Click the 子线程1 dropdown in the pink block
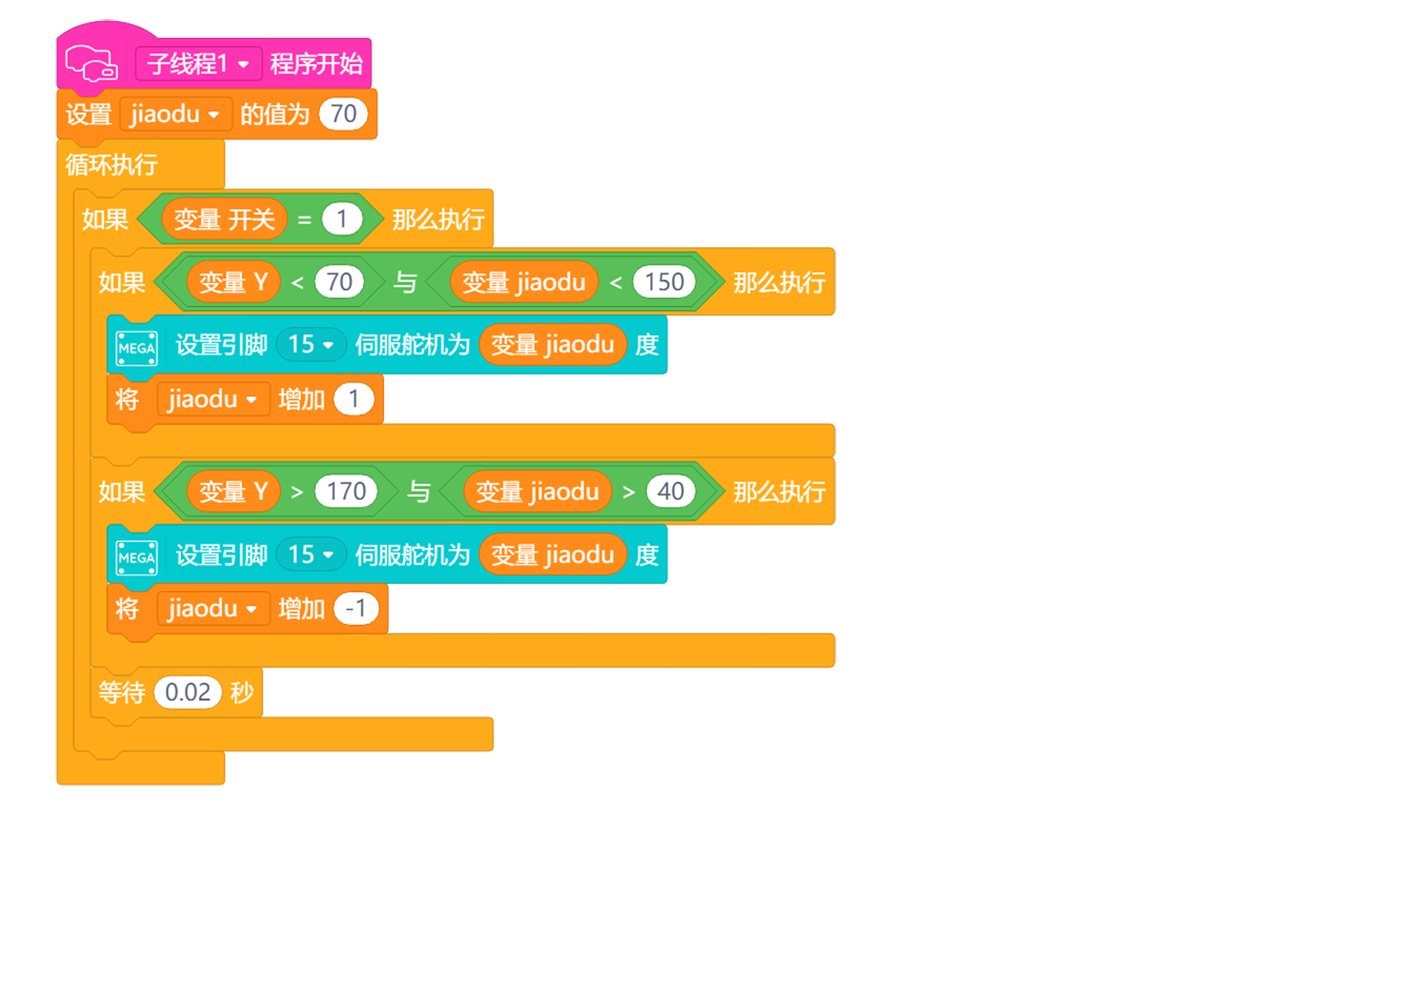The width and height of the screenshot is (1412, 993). pyautogui.click(x=198, y=64)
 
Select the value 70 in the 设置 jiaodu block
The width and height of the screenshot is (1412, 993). pyautogui.click(x=343, y=114)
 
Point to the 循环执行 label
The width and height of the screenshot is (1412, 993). pyautogui.click(x=111, y=164)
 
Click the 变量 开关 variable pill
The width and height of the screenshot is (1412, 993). pyautogui.click(x=224, y=220)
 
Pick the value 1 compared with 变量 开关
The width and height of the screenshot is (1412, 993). pyautogui.click(x=342, y=220)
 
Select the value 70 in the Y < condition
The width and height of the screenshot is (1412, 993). pyautogui.click(x=339, y=283)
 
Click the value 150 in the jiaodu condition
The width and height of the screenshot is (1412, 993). pyautogui.click(x=664, y=283)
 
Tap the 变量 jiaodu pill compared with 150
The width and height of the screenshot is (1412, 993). pyautogui.click(x=523, y=283)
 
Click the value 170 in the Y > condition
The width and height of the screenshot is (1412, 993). pyautogui.click(x=346, y=492)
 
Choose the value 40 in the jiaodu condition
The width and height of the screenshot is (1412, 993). pyautogui.click(x=670, y=492)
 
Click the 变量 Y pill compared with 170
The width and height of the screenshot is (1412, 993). pyautogui.click(x=233, y=492)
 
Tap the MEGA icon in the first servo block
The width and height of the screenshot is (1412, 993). pyautogui.click(x=137, y=348)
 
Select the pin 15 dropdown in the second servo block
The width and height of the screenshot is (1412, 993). pyautogui.click(x=311, y=554)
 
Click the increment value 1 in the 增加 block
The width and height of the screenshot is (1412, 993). pyautogui.click(x=354, y=399)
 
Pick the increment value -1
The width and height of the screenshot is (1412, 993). pyautogui.click(x=356, y=608)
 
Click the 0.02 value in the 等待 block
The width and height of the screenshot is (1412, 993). pyautogui.click(x=187, y=692)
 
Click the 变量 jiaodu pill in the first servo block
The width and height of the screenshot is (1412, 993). pyautogui.click(x=552, y=345)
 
